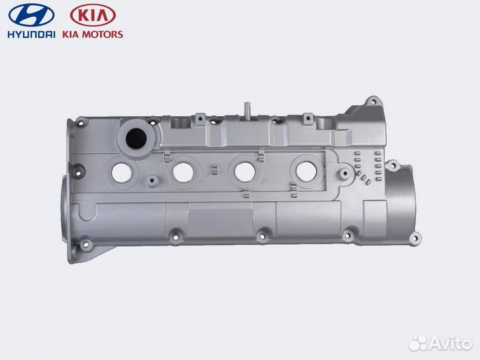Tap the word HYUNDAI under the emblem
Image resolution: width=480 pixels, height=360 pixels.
[31, 34]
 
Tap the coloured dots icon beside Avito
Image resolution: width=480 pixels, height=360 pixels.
[417, 343]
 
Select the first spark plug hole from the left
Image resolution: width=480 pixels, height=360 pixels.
[122, 171]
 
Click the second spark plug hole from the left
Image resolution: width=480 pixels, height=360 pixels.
[183, 171]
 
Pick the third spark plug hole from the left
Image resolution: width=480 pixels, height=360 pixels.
[245, 171]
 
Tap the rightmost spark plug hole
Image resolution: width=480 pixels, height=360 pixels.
[306, 171]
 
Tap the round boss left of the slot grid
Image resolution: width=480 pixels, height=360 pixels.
[344, 175]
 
